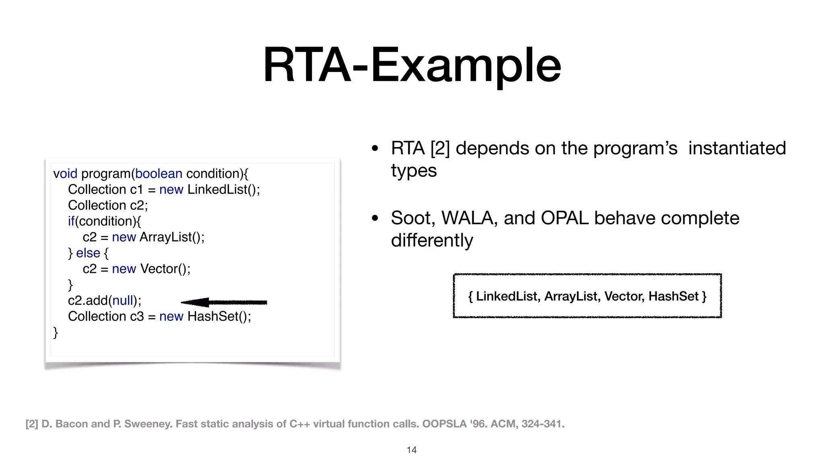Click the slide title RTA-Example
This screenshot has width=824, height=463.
click(412, 65)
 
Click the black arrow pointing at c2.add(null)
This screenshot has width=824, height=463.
click(224, 302)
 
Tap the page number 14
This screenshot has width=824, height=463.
click(411, 450)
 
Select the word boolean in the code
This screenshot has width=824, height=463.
click(159, 174)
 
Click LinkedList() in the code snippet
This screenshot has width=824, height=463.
click(223, 189)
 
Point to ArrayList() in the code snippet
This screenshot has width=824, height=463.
click(172, 237)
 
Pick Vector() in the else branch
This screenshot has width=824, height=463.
click(165, 269)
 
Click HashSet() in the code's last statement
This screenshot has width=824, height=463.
click(219, 316)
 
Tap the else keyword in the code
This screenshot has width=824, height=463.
click(88, 253)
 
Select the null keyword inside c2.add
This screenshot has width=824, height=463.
click(122, 301)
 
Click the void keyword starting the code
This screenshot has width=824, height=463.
click(65, 174)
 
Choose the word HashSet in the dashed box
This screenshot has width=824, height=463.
click(673, 296)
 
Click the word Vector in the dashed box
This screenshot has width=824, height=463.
click(623, 296)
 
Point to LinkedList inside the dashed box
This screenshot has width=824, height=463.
click(507, 296)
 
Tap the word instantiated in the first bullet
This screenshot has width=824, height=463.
click(737, 148)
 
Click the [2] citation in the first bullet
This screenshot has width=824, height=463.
click(440, 148)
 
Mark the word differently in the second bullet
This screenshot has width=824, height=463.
click(432, 241)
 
